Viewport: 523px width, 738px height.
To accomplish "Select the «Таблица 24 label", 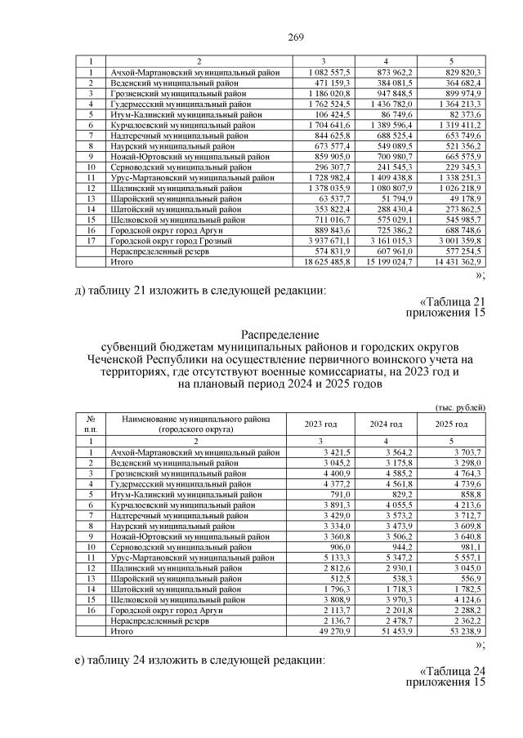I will tap(446, 671).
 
